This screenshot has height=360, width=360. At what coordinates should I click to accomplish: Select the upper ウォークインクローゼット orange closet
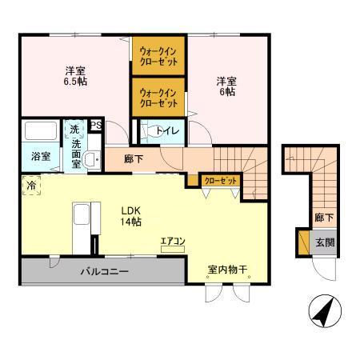[158, 57]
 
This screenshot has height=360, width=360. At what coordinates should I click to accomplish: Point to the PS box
[95, 125]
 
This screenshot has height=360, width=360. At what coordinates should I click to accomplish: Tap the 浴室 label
[41, 156]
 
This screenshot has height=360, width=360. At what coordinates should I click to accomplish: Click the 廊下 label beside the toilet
[134, 159]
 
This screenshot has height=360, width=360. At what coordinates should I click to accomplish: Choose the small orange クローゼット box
[219, 180]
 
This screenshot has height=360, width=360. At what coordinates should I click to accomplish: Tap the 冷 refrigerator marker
[30, 184]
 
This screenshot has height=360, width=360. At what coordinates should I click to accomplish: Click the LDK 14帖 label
[131, 215]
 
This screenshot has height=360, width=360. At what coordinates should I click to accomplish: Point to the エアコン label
[172, 242]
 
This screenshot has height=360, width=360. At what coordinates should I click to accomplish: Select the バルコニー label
[104, 272]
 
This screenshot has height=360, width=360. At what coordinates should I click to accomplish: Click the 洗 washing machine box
[74, 129]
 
